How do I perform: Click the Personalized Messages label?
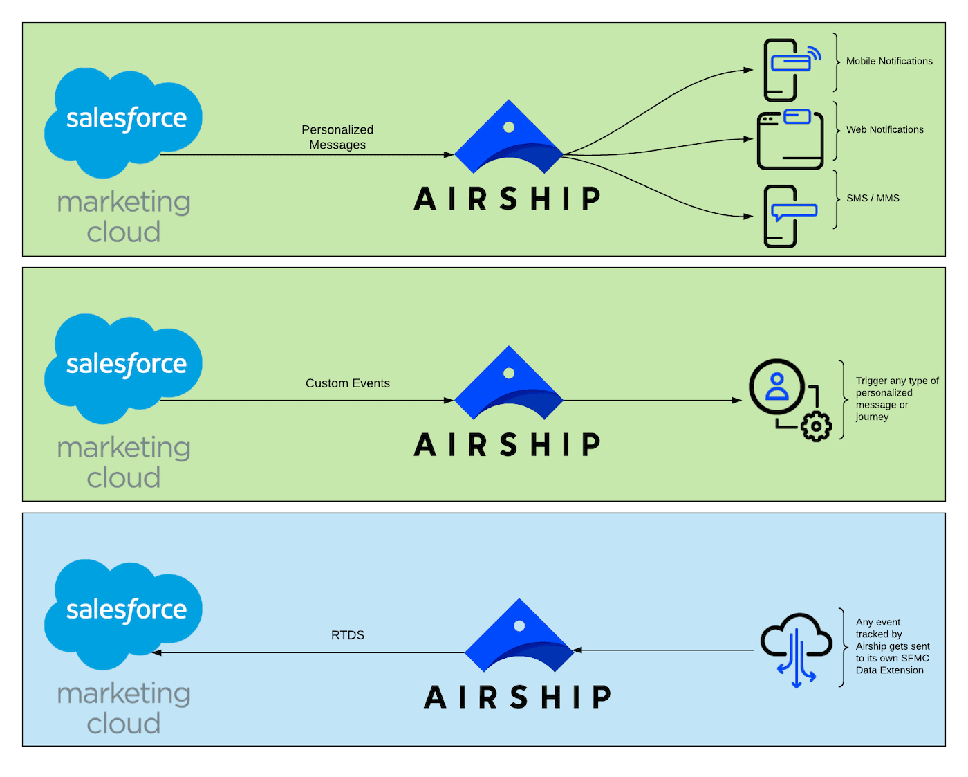point(337,137)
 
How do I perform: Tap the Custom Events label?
point(348,383)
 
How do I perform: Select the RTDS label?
point(348,635)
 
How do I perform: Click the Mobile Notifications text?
point(889,61)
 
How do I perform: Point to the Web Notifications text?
point(885,129)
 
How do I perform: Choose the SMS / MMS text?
point(873,198)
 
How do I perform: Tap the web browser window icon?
point(790,140)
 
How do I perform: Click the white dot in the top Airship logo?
point(509,127)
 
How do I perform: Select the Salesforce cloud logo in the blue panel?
point(123,612)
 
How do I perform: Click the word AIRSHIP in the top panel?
point(508,199)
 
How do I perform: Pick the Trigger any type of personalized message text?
point(897,399)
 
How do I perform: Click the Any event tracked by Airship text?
point(892,646)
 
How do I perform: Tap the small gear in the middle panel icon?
point(817,426)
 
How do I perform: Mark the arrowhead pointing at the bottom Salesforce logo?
point(157,652)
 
